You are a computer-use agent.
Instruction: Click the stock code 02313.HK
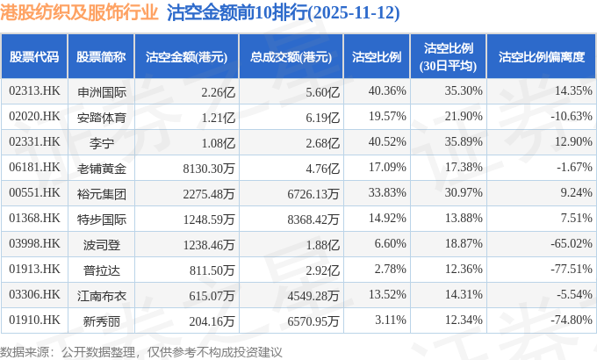(34, 90)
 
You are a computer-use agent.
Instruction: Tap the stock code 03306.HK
(34, 294)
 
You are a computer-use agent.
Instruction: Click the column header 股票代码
(34, 56)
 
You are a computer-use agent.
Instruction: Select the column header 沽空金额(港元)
(186, 56)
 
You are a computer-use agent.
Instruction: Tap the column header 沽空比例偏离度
(541, 56)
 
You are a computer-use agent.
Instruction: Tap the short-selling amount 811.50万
(211, 269)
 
